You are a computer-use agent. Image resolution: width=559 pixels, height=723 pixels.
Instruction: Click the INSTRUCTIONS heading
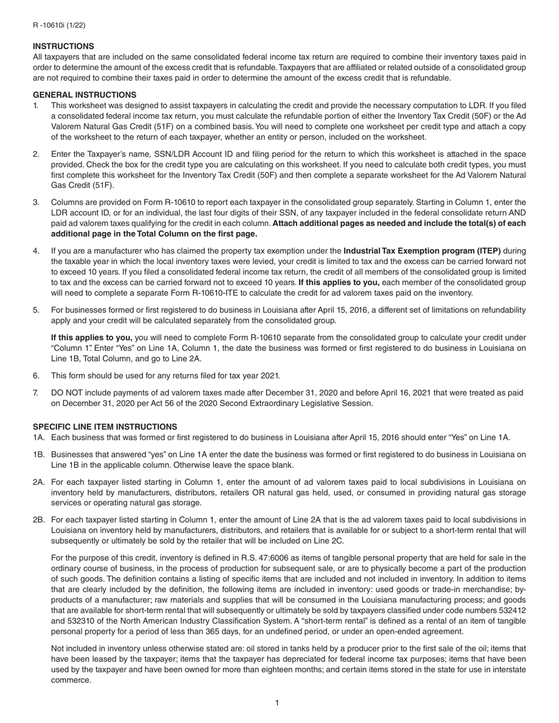click(63, 46)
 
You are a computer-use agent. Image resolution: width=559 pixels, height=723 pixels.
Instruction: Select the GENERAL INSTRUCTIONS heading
click(84, 95)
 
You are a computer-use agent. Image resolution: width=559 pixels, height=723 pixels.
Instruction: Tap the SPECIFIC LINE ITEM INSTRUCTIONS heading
click(105, 427)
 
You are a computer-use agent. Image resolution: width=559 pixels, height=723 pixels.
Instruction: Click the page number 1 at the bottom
click(277, 703)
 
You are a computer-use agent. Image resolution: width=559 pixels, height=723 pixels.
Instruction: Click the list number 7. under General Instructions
click(36, 393)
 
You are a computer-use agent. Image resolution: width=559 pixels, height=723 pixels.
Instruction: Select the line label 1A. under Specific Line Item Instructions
click(39, 437)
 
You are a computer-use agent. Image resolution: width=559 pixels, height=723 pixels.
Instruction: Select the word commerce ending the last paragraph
click(71, 680)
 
